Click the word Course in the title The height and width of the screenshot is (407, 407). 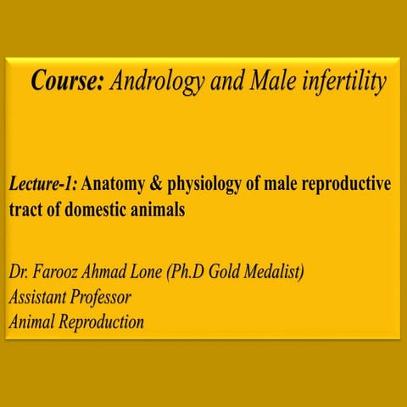[x=68, y=81]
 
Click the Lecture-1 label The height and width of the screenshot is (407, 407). [x=44, y=184]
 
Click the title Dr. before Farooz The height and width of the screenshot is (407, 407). [x=20, y=274]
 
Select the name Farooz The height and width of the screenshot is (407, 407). [x=59, y=274]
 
